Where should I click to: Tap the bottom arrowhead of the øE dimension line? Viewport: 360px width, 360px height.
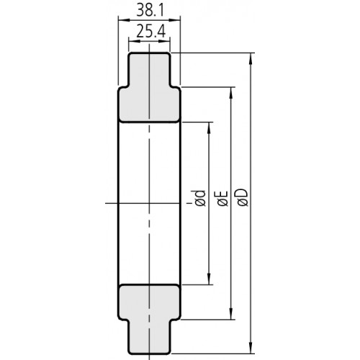pos(230,316)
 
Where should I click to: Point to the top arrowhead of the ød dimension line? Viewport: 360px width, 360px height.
pos(209,124)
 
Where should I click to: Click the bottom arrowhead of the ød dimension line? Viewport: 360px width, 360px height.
pos(209,282)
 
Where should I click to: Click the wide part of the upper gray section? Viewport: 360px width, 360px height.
pos(148,104)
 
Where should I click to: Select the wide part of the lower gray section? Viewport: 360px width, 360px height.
pos(148,301)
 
